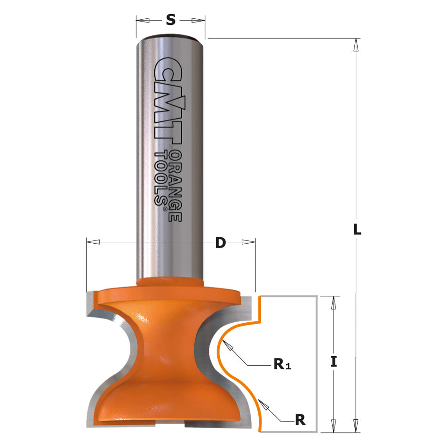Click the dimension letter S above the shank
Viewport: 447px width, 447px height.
click(171, 20)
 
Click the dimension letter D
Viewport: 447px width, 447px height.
click(220, 242)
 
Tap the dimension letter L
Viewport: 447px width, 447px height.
click(357, 230)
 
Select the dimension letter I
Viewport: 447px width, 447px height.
click(334, 361)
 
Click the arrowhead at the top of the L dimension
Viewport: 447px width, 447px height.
click(356, 45)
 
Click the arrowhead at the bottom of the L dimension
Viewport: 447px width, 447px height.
click(356, 426)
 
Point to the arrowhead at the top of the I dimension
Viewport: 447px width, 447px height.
click(334, 303)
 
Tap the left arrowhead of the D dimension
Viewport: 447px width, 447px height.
click(94, 242)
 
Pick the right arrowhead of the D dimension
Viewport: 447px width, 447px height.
click(248, 242)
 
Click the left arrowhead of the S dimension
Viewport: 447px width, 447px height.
click(143, 20)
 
